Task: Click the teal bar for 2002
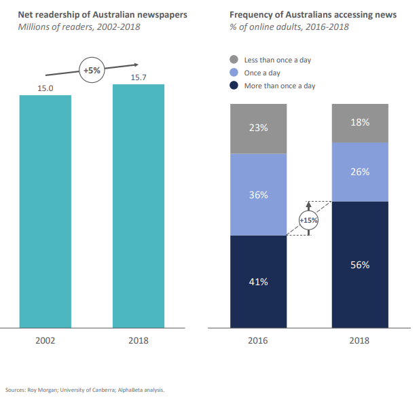click(x=45, y=211)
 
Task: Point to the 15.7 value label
click(x=138, y=77)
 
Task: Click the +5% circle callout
click(x=92, y=70)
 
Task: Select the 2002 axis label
click(x=45, y=340)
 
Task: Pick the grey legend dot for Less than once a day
click(x=234, y=60)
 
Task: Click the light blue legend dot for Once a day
click(x=234, y=73)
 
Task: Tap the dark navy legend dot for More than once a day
click(x=234, y=86)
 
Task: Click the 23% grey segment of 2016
click(x=258, y=128)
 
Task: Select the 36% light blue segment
click(x=258, y=195)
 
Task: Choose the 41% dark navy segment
click(x=258, y=281)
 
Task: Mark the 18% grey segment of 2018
click(x=360, y=123)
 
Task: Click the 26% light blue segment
click(x=360, y=172)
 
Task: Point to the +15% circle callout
click(x=309, y=219)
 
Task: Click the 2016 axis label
click(x=258, y=340)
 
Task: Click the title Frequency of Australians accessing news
click(x=313, y=14)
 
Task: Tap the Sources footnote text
click(x=85, y=390)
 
